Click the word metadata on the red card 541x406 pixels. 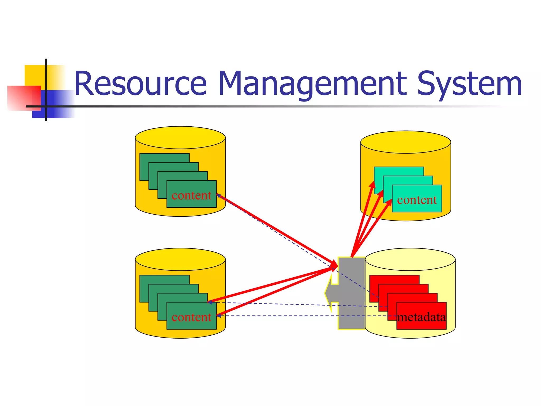point(421,317)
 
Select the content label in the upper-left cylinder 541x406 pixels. point(191,195)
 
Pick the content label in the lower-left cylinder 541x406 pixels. point(191,317)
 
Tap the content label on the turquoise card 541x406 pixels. point(417,200)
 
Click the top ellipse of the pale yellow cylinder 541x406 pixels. point(410,259)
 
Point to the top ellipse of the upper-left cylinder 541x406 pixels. point(180,137)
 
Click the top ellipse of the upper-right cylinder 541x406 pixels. point(405,142)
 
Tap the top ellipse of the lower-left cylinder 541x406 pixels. point(180,259)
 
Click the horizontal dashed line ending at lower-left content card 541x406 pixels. point(277,316)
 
